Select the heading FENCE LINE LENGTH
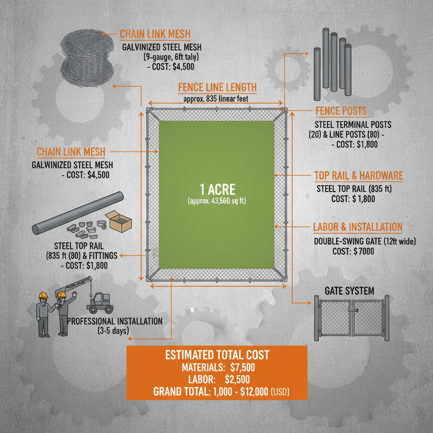pos(217,88)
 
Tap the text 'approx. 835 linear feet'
pos(216,99)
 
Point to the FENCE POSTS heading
pos(341,112)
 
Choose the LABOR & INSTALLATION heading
pos(358,227)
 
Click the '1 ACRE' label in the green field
pos(217,189)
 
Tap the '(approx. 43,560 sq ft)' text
pos(216,201)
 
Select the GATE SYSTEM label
pos(349,291)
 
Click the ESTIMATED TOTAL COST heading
pos(217,355)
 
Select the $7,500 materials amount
pos(243,367)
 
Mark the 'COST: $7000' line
pos(353,251)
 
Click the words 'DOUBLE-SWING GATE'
pos(346,241)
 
